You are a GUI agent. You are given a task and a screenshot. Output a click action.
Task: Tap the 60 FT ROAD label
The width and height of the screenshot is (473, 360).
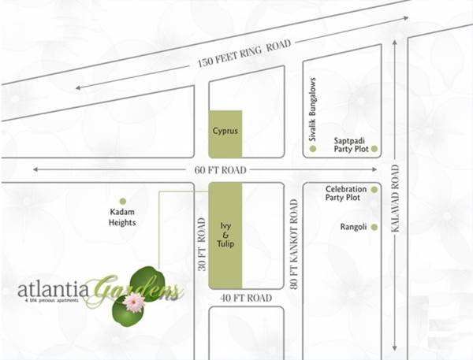(220, 169)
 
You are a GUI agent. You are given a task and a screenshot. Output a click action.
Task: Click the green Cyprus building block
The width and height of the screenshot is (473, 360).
(225, 132)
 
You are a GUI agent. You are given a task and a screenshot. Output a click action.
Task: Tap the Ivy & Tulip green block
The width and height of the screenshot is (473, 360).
(225, 234)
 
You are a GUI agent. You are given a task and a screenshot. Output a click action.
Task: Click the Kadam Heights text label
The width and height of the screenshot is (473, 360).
(122, 217)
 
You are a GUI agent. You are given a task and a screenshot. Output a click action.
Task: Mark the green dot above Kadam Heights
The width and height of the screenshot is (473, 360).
(122, 201)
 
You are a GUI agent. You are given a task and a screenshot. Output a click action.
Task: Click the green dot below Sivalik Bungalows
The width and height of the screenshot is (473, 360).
(313, 148)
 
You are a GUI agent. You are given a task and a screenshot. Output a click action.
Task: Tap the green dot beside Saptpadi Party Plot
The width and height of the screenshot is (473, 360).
(374, 148)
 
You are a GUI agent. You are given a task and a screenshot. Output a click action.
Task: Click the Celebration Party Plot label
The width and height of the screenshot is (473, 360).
(346, 194)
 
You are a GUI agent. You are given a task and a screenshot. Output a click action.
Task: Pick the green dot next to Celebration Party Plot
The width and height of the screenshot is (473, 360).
(374, 190)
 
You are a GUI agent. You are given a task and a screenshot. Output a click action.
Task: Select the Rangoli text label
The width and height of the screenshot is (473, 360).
(353, 227)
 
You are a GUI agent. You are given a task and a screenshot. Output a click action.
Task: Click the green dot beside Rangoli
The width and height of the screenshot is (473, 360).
(374, 228)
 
